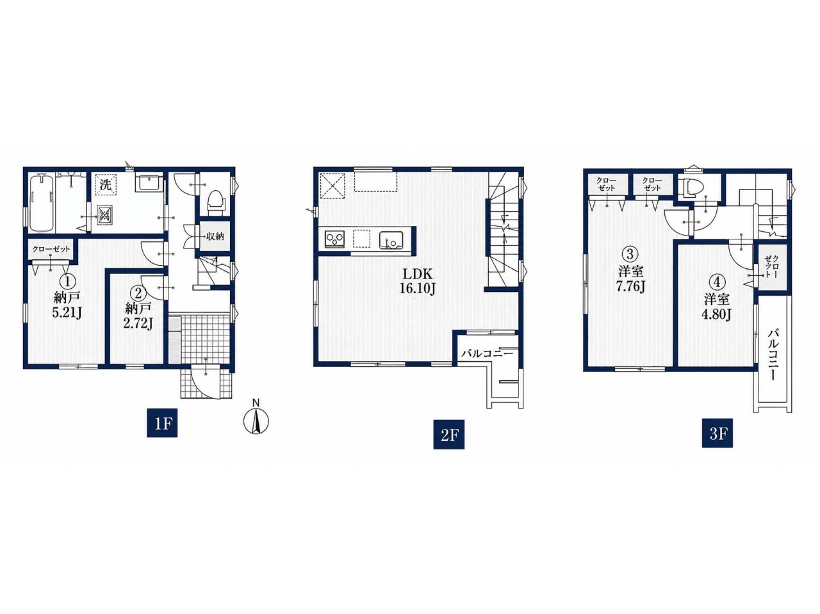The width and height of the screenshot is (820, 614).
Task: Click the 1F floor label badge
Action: click(x=162, y=423)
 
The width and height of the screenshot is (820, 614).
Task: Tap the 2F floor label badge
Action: click(x=448, y=434)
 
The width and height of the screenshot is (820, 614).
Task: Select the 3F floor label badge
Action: click(x=717, y=433)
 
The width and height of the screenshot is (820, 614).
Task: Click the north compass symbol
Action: click(x=256, y=417)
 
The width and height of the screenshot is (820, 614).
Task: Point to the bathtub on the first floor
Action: click(x=42, y=203)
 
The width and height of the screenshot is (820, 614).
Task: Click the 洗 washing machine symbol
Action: click(x=106, y=185)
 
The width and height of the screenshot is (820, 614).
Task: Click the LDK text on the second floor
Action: click(x=417, y=274)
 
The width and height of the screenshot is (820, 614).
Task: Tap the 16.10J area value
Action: click(x=416, y=289)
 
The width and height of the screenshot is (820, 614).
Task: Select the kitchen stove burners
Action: click(x=334, y=239)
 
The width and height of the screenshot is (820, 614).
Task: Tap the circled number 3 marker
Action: click(x=629, y=254)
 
